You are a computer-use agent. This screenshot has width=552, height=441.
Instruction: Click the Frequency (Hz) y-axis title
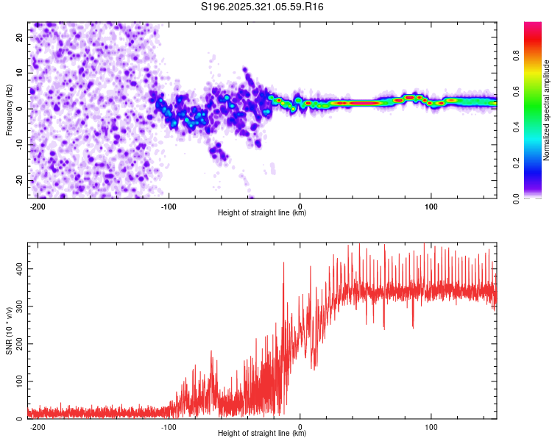(10, 109)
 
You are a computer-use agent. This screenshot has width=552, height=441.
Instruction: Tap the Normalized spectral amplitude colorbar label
(547, 110)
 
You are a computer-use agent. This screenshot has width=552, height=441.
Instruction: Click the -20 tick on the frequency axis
(18, 181)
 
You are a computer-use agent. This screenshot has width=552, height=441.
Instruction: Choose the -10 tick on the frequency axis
(18, 145)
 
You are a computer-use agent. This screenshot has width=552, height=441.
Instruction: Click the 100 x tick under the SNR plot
(431, 427)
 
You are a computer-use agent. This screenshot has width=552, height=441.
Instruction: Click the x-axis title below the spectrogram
(262, 213)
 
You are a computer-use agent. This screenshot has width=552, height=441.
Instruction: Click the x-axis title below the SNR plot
(262, 434)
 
